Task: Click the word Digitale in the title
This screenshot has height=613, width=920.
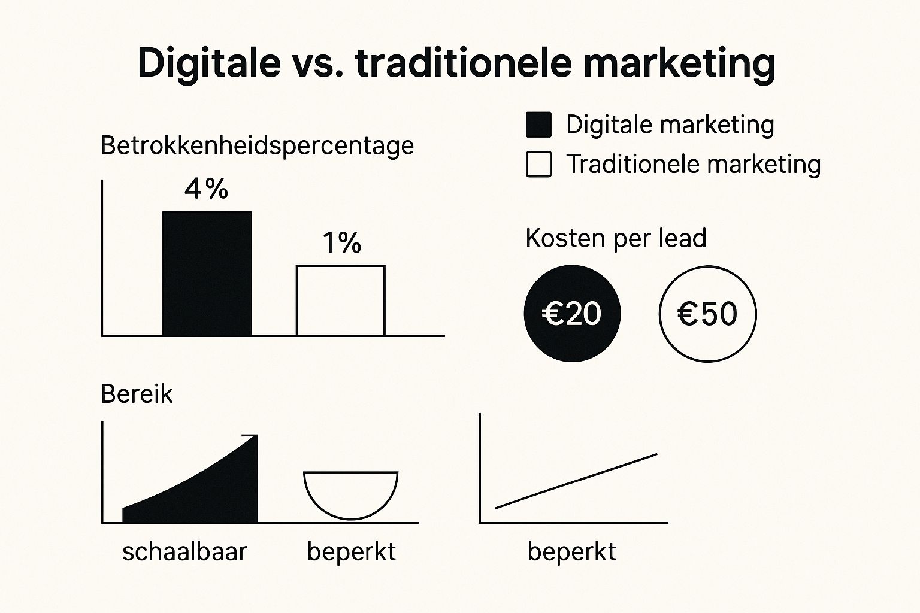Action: [x=210, y=63]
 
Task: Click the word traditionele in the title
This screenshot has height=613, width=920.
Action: [x=464, y=63]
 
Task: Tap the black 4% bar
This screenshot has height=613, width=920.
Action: [x=207, y=274]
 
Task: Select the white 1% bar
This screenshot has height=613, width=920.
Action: [x=340, y=301]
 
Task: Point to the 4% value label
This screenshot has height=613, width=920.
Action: [x=206, y=189]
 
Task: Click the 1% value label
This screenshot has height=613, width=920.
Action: [x=342, y=242]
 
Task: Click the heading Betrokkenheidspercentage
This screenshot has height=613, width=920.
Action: [x=257, y=145]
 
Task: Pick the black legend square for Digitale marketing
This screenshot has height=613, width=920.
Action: [x=538, y=125]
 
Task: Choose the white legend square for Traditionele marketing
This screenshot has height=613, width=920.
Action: [x=538, y=164]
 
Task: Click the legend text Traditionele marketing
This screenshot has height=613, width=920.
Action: [x=693, y=165]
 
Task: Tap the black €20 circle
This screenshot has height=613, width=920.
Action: [x=572, y=313]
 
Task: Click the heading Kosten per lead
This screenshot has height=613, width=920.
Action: [x=616, y=238]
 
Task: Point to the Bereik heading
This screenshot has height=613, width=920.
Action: [x=137, y=394]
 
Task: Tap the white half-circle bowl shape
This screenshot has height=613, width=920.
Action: [x=351, y=518]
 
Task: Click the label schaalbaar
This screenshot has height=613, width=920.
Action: [x=185, y=551]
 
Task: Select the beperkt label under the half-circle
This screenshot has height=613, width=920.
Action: [x=352, y=552]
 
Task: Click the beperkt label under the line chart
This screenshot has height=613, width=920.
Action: [x=572, y=552]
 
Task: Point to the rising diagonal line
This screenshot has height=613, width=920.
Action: [x=576, y=481]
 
